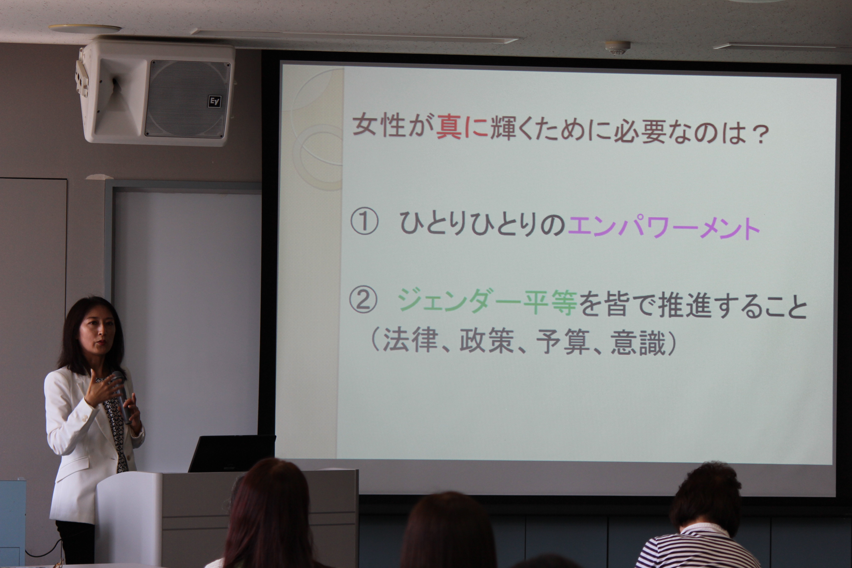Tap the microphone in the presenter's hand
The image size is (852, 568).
click(121, 397)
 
